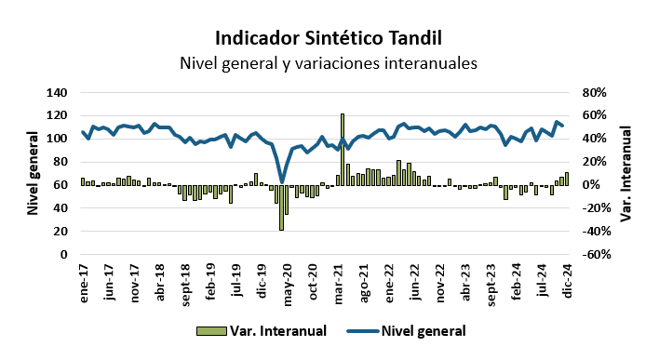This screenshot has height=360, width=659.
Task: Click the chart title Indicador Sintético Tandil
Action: [329, 38]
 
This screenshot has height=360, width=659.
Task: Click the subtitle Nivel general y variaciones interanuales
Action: [329, 64]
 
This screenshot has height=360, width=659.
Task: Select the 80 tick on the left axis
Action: [60, 162]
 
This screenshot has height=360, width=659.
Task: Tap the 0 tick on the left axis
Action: [63, 254]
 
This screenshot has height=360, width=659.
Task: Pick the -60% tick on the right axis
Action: [595, 254]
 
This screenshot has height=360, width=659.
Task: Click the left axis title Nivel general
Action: [33, 173]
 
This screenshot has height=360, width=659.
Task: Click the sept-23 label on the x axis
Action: [490, 281]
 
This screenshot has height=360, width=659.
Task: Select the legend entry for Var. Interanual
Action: [262, 330]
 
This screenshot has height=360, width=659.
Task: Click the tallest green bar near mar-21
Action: [343, 149]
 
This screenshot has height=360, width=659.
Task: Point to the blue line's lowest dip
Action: [282, 182]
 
